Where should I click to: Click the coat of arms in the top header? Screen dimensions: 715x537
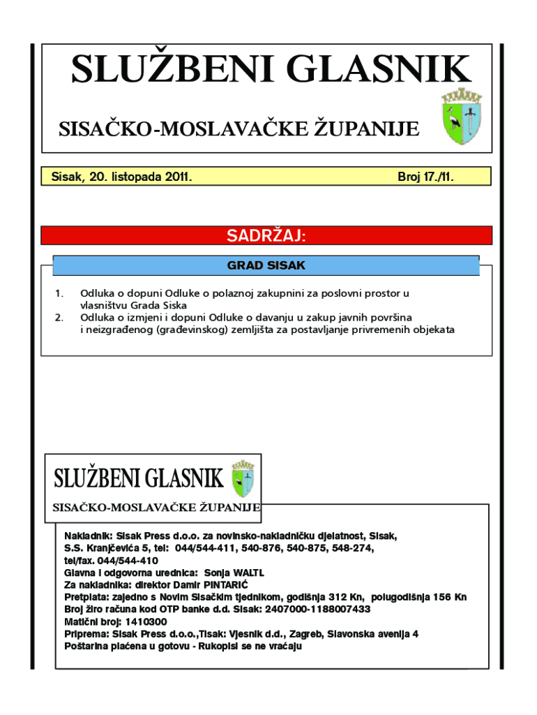tap(461, 117)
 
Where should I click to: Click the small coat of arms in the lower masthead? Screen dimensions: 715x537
tap(243, 478)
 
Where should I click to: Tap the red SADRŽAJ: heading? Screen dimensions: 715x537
tap(266, 236)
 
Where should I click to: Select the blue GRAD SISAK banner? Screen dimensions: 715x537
tap(266, 265)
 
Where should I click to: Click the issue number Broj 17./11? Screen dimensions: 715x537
tap(425, 177)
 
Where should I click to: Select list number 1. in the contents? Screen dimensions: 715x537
tap(59, 294)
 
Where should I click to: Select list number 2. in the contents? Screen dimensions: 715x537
tap(59, 318)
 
